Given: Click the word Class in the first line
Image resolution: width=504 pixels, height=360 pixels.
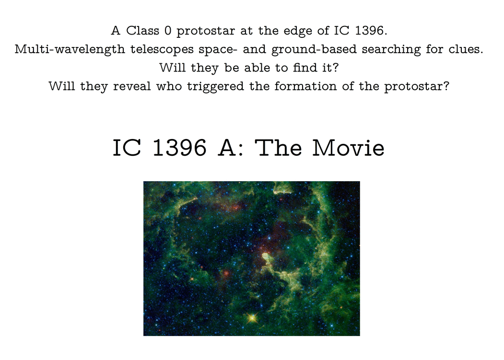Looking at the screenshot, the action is [142, 31].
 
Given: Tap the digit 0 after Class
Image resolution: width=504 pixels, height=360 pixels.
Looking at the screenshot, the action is [168, 31].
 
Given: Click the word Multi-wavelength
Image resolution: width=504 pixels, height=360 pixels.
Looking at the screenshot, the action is [70, 50].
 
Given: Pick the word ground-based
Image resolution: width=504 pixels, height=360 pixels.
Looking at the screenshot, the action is [314, 50].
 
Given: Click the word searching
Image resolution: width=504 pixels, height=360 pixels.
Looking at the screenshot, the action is [391, 50].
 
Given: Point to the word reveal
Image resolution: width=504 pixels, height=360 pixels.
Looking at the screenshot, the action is [132, 86].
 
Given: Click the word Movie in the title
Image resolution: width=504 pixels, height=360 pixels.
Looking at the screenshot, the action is [349, 148].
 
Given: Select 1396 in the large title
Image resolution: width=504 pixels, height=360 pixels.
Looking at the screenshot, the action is [180, 148].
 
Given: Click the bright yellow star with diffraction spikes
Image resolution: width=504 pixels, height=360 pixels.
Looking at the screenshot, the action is [252, 318].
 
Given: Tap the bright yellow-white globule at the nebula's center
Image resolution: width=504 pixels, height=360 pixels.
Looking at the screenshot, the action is [267, 257].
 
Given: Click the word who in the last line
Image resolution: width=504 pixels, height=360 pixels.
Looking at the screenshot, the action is [169, 86].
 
